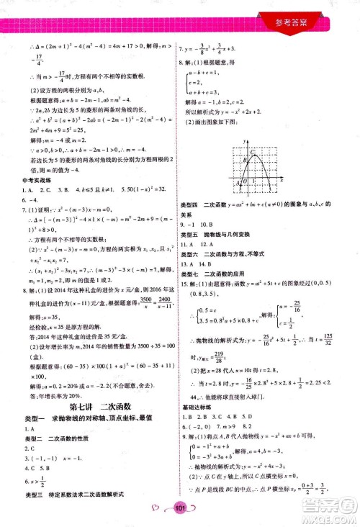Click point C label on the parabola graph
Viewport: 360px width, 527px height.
point(252,152)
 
